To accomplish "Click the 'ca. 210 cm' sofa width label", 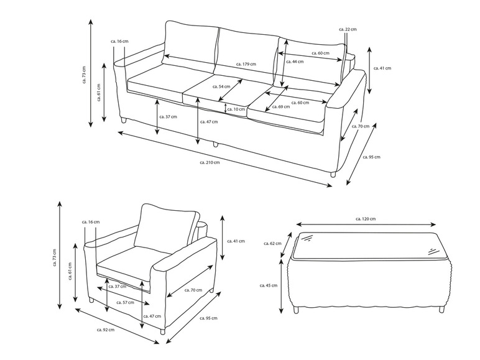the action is point(210,162).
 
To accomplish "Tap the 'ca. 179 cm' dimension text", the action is point(246,64).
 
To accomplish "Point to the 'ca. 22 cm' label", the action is point(348,29).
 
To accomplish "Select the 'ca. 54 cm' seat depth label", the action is point(221,86).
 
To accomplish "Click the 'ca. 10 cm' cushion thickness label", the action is point(236,109).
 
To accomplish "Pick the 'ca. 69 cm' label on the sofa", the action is point(280,107).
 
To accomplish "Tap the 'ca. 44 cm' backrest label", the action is point(295,62).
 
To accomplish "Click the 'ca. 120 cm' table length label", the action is point(366,219).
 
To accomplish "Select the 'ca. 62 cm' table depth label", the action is point(272,243).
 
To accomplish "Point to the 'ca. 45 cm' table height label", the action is point(269,285).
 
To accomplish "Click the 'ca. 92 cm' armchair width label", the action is point(106,330).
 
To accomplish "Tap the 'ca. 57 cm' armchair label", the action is point(125,302).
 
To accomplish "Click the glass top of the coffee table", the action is point(368,246).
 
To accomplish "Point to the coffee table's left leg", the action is point(296,310).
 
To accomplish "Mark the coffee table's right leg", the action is point(441,310).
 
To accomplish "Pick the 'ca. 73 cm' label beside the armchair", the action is point(55,257).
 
